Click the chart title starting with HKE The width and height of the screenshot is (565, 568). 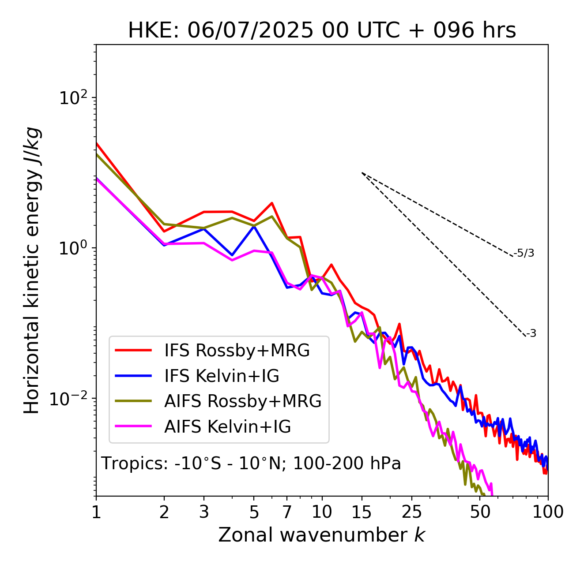(x=322, y=31)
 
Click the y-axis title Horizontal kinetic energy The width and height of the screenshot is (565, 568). (x=32, y=270)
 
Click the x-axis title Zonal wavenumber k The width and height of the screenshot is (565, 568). (x=322, y=535)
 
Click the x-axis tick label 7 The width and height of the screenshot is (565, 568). (x=287, y=512)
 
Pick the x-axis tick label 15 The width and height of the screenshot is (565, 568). (x=362, y=512)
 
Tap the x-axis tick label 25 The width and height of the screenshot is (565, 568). (x=412, y=512)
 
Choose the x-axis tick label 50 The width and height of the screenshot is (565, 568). (x=480, y=512)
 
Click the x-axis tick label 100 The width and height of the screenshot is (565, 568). (x=547, y=512)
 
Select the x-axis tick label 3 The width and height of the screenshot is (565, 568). (x=204, y=512)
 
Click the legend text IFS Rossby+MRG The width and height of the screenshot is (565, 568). (x=237, y=351)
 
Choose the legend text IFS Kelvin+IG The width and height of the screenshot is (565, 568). (x=222, y=376)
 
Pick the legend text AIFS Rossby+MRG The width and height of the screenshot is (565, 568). (x=243, y=401)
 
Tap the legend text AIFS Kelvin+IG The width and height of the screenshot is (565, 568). (x=228, y=427)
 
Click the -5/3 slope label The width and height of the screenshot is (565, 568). (x=524, y=253)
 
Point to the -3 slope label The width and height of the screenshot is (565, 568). (x=531, y=334)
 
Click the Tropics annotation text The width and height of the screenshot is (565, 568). (x=251, y=463)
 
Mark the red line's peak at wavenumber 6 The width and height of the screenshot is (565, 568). (x=272, y=203)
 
